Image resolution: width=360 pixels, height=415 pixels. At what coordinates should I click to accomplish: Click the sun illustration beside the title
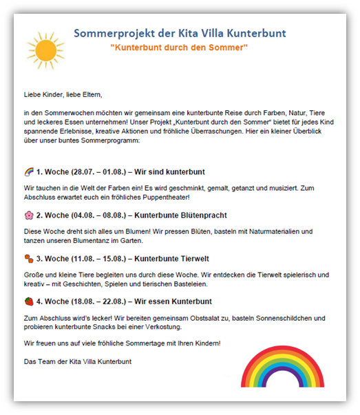[45, 50]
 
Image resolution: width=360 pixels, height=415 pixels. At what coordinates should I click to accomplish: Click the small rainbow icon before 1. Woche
[28, 171]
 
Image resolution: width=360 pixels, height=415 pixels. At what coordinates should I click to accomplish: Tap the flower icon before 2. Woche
[28, 215]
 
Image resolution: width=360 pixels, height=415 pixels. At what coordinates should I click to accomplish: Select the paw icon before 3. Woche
[28, 258]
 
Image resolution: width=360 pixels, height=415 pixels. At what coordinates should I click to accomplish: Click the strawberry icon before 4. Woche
[28, 301]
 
